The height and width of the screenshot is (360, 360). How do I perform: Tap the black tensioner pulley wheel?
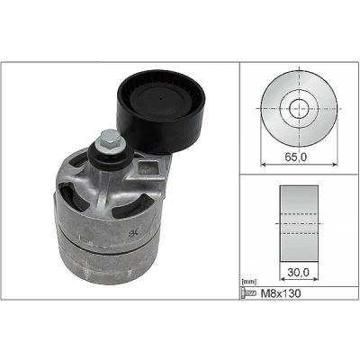tap(161, 112)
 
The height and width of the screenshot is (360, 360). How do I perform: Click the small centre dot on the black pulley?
tap(161, 98)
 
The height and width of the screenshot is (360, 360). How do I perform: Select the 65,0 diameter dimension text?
tap(295, 157)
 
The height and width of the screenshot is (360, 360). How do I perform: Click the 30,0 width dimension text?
tap(298, 272)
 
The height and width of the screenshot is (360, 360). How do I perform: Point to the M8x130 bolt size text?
tap(281, 293)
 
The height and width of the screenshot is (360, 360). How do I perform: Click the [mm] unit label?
tap(249, 282)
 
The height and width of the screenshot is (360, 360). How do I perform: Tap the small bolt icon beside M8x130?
tap(248, 293)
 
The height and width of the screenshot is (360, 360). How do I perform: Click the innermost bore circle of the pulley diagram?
tap(299, 98)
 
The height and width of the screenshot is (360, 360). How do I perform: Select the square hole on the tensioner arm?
tap(148, 168)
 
